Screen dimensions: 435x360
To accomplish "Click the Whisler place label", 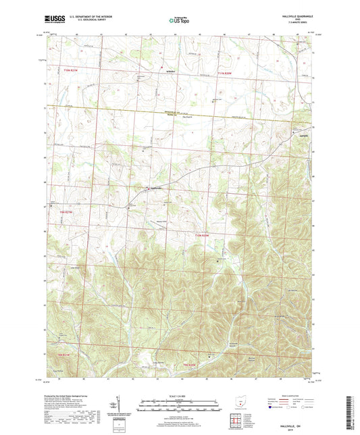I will (x=171, y=71).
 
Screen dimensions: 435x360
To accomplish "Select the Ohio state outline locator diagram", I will (x=234, y=399).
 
